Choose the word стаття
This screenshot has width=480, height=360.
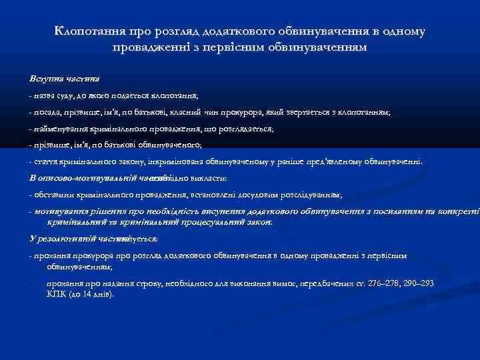click(x=45, y=161)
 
